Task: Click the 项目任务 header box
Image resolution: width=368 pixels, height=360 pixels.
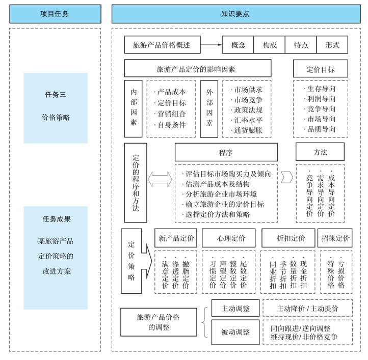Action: pyautogui.click(x=55, y=14)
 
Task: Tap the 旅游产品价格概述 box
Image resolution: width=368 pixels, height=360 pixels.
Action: pyautogui.click(x=162, y=45)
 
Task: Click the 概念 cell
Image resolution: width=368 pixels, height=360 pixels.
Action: pyautogui.click(x=238, y=45)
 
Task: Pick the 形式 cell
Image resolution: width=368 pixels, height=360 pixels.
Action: pyautogui.click(x=332, y=45)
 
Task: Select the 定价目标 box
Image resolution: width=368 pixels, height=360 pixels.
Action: pyautogui.click(x=321, y=68)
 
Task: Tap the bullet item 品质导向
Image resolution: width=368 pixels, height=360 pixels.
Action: pyautogui.click(x=321, y=129)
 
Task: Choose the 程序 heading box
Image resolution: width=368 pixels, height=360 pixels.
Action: pyautogui.click(x=226, y=152)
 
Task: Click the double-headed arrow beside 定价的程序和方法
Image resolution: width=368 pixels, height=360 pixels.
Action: pyautogui.click(x=160, y=179)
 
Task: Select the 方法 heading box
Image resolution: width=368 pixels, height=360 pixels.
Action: pyautogui.click(x=321, y=152)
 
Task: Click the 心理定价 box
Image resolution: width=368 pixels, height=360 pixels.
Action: pyautogui.click(x=228, y=238)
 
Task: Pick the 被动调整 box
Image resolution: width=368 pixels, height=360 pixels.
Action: pyautogui.click(x=235, y=332)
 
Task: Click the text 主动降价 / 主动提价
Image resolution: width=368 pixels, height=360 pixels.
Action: pyautogui.click(x=307, y=309)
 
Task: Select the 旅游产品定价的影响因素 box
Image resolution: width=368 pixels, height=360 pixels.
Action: pyautogui.click(x=198, y=68)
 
